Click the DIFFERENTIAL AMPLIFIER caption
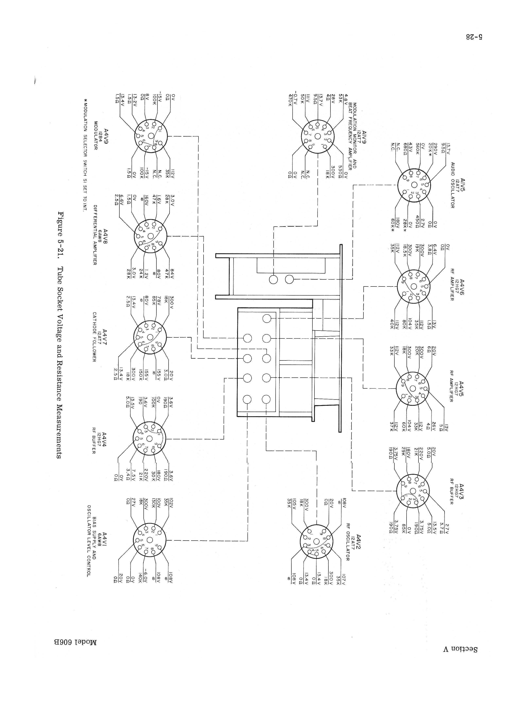coord(95,235)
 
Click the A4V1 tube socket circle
coord(150,541)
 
